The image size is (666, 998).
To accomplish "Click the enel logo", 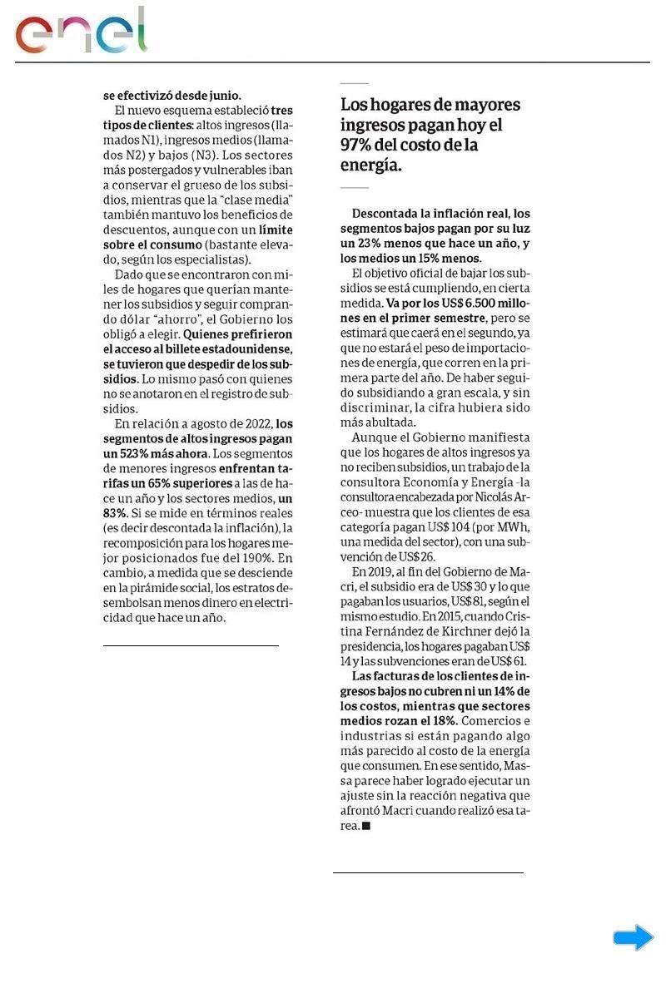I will point(81,32).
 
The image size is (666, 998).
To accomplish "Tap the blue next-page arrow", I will point(633,938).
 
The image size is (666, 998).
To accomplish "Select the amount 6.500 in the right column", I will point(447,304).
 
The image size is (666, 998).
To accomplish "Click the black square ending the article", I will point(366,827).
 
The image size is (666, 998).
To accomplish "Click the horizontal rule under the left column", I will point(191,645).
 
